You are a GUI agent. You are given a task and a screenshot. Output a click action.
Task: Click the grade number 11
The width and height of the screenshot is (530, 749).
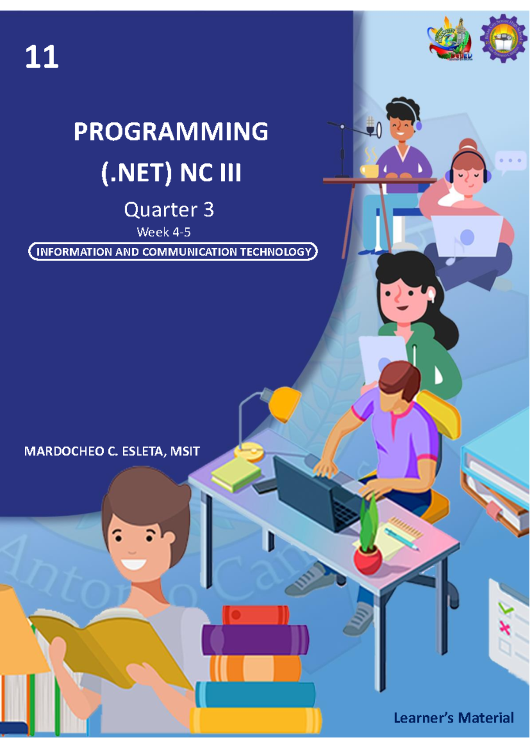pyautogui.click(x=42, y=58)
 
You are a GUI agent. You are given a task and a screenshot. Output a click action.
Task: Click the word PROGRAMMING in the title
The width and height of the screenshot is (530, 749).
pyautogui.click(x=170, y=132)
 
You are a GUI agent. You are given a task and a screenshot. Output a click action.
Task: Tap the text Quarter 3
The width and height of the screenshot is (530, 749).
pyautogui.click(x=169, y=209)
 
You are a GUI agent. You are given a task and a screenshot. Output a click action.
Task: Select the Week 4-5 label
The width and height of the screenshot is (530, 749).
pyautogui.click(x=163, y=232)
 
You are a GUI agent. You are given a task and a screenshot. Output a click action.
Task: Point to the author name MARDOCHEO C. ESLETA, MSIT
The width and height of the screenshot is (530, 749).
pyautogui.click(x=112, y=451)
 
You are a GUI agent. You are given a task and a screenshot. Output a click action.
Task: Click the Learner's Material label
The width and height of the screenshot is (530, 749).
pyautogui.click(x=454, y=718)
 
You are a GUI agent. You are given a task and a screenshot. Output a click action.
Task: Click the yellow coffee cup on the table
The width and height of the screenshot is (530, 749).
pyautogui.click(x=369, y=170)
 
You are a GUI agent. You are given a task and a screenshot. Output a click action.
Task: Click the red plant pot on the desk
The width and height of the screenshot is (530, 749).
pyautogui.click(x=367, y=560)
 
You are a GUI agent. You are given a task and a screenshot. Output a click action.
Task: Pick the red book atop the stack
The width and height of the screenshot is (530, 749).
pyautogui.click(x=256, y=615)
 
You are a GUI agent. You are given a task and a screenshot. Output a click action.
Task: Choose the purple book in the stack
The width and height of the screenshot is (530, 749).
pyautogui.click(x=255, y=639)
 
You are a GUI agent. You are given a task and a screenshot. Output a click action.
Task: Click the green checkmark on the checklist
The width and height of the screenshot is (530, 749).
pyautogui.click(x=507, y=610)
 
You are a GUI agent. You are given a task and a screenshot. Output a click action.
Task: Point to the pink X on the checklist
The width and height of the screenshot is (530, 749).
pyautogui.click(x=504, y=628)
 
